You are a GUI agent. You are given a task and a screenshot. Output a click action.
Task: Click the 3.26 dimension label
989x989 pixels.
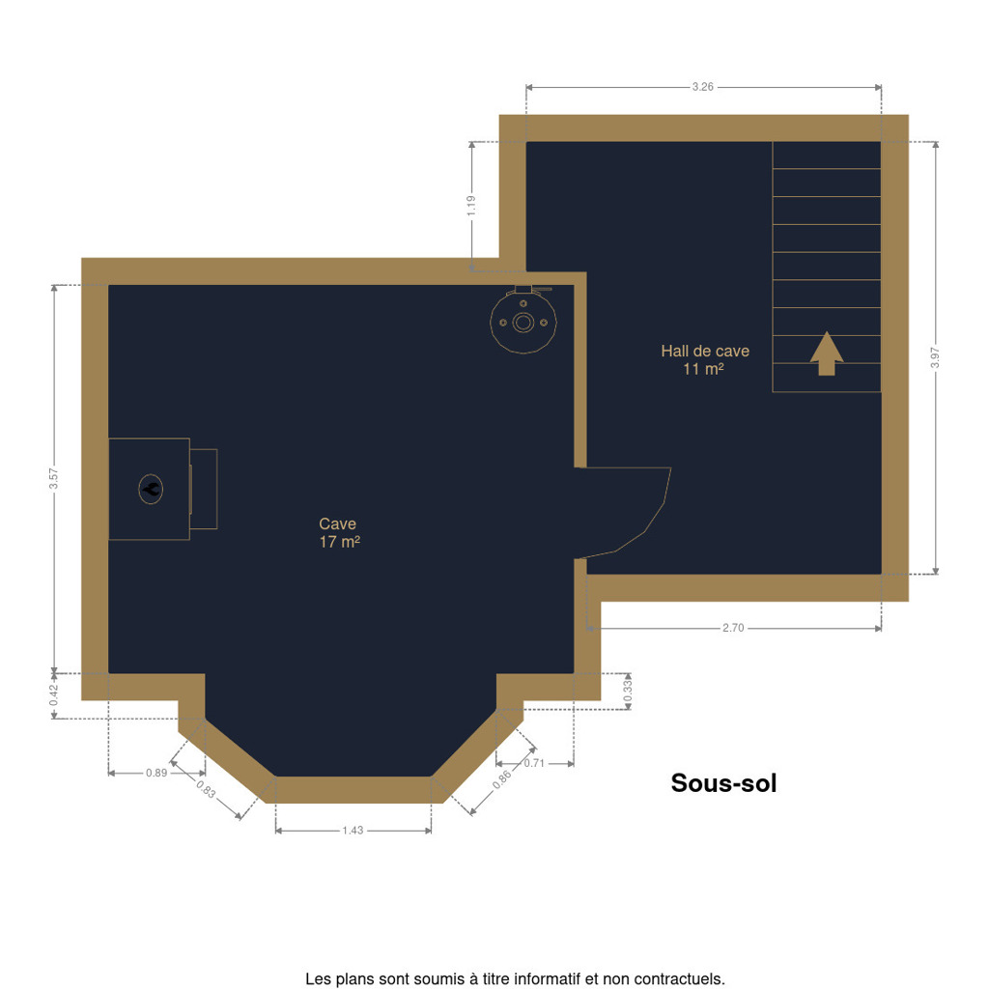[x=703, y=87]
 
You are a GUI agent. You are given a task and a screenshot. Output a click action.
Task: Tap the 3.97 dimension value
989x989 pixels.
[x=935, y=357]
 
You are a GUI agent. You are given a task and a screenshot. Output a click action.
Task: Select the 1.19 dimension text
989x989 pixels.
[x=471, y=206]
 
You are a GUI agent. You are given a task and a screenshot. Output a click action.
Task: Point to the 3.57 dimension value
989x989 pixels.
[x=54, y=478]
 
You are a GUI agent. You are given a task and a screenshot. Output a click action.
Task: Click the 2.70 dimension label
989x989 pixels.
[x=733, y=628]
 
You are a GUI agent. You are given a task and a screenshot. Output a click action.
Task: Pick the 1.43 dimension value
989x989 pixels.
[x=353, y=831]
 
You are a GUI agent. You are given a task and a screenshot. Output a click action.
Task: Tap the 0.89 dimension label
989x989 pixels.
[x=156, y=774]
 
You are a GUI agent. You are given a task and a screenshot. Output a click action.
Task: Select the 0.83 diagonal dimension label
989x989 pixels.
[x=206, y=789]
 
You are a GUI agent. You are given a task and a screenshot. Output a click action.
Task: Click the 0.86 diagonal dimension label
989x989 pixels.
[x=502, y=780]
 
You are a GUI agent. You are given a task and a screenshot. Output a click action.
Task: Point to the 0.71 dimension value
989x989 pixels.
[x=533, y=763]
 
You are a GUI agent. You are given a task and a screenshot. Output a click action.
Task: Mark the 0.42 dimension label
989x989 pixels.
[x=54, y=695]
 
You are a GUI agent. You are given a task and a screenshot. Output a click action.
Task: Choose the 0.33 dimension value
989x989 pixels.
[x=628, y=692]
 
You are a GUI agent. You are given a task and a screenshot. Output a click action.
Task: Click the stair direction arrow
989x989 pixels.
[x=827, y=353]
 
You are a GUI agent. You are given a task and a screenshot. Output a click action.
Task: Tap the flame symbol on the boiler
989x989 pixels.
[x=151, y=489]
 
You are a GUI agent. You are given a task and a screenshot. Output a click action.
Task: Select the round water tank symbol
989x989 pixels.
[x=523, y=321]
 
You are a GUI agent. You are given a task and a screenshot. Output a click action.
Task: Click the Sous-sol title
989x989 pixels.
[x=723, y=783]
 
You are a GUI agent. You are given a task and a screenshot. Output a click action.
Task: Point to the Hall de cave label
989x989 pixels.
[x=705, y=352]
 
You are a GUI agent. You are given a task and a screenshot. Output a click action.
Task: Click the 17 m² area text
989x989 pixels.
[x=339, y=542]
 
